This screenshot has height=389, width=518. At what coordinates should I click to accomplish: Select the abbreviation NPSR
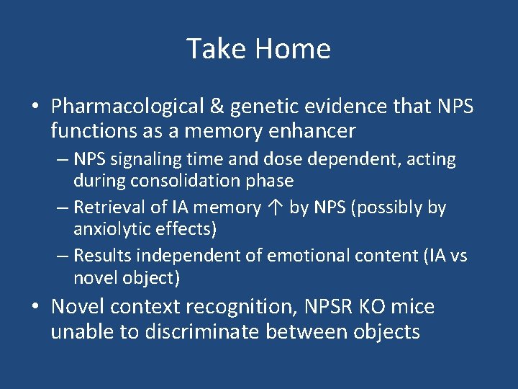328,307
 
